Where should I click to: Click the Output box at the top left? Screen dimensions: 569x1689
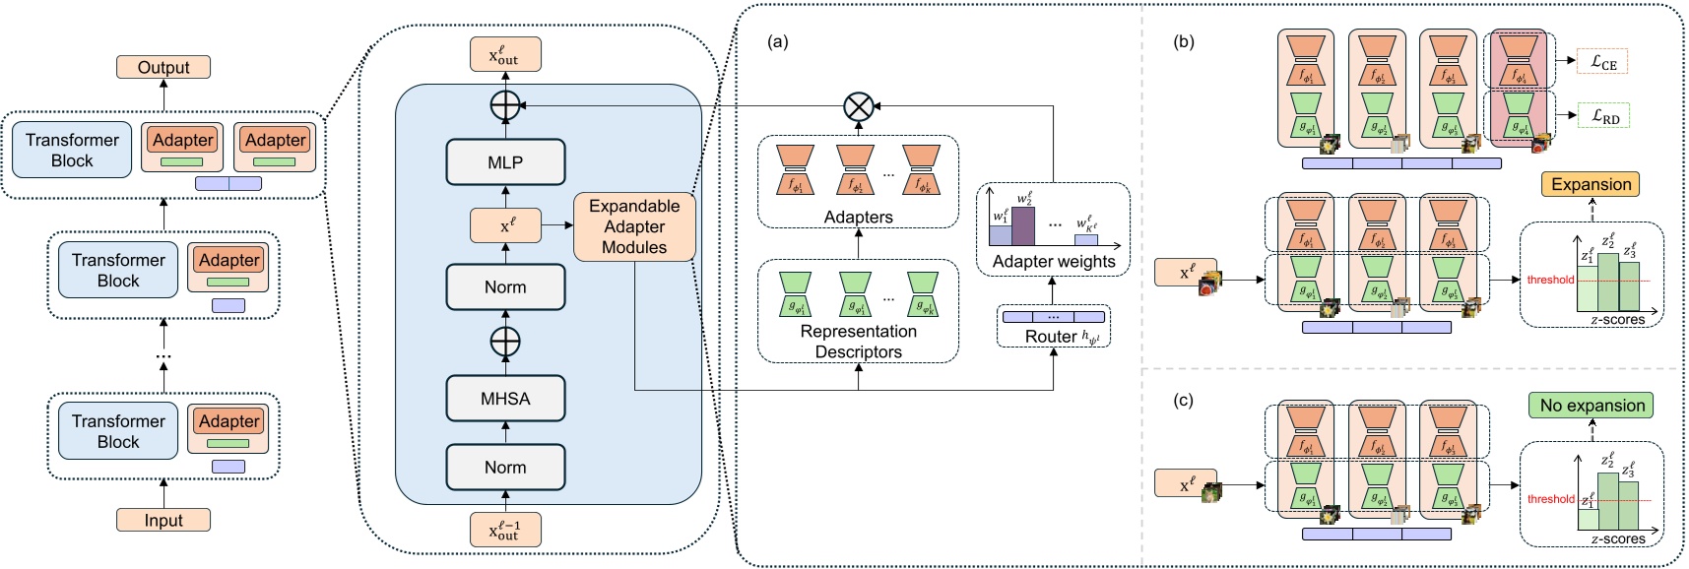tap(163, 67)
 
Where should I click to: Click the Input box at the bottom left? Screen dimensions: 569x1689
tap(163, 520)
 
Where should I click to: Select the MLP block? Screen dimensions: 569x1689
tap(505, 162)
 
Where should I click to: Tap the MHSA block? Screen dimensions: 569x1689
tap(505, 399)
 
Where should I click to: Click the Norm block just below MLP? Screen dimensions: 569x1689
tap(505, 286)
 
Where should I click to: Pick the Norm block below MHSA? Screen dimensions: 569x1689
tap(505, 467)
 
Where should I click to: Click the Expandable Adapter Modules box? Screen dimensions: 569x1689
tap(634, 226)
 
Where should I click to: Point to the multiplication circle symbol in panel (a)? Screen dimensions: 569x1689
tap(859, 105)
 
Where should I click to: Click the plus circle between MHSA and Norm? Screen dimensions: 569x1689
tap(505, 342)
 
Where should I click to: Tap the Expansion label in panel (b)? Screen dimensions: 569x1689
tap(1591, 184)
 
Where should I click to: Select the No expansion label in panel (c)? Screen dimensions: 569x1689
tap(1592, 405)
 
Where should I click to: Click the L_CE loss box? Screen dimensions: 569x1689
tap(1602, 62)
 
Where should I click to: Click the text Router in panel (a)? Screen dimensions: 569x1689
tap(1051, 337)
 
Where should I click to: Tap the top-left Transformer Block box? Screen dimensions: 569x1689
tap(72, 150)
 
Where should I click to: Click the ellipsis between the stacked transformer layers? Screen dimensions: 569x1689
tap(163, 355)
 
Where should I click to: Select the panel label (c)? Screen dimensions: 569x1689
tap(1183, 401)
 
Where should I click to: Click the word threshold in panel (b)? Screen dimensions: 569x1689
tap(1550, 280)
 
